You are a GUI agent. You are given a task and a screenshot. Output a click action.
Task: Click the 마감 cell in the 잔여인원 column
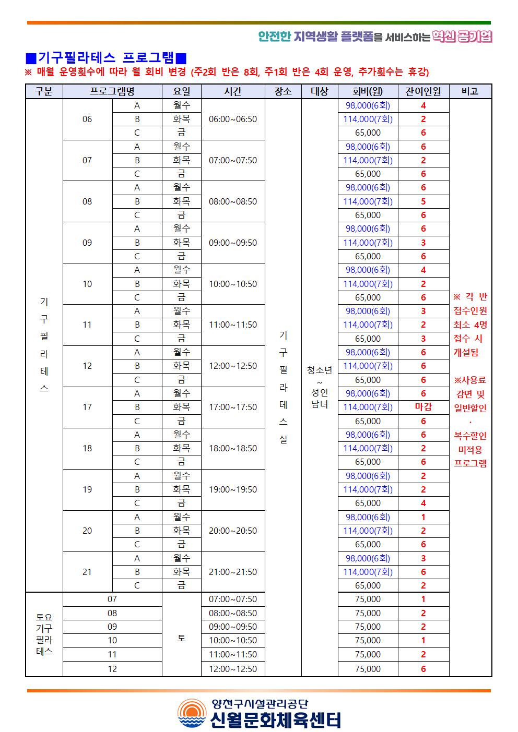pos(423,407)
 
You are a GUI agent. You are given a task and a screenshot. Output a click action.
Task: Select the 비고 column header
pos(470,91)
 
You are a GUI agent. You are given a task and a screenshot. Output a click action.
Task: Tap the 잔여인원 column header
pos(423,91)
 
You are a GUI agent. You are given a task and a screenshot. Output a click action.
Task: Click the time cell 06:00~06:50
pos(233,119)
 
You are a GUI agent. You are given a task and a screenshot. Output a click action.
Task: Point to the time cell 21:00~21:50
pos(233,572)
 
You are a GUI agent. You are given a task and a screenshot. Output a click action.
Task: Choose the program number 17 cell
pos(87,407)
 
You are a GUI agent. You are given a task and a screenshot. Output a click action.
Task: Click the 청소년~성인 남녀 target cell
pos(320,387)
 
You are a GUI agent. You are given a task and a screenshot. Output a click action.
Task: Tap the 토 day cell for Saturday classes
pos(181,638)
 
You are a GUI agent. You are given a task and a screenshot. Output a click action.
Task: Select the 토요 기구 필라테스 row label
pos(44,634)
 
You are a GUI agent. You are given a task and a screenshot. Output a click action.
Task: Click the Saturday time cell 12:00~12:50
pos(233,669)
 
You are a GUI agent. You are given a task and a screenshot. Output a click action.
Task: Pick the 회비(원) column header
pos(368,91)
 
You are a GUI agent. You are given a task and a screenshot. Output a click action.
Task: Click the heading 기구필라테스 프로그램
pos(106,57)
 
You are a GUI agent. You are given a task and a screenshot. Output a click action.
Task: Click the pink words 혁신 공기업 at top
pos(463,36)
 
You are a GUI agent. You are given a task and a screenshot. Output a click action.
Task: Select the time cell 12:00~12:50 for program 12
pos(233,366)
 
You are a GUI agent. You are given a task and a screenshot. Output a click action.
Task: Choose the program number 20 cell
pos(87,531)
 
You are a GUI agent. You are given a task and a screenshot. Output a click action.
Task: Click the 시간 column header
pos(233,91)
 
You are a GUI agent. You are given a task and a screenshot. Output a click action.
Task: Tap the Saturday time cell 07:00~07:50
pos(233,599)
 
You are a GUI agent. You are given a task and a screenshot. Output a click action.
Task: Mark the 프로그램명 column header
pos(112,91)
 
